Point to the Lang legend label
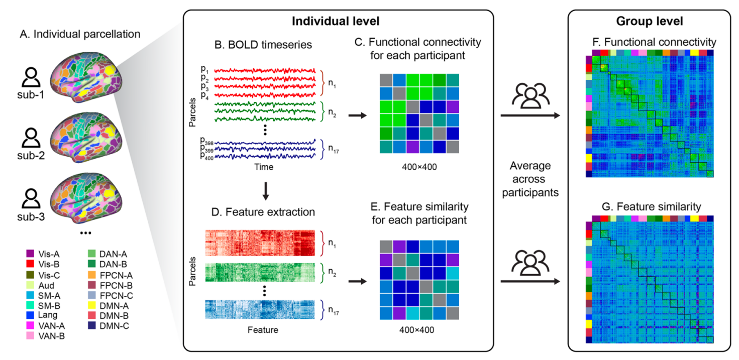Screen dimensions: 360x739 [x=47, y=315]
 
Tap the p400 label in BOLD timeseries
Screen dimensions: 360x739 [x=206, y=157]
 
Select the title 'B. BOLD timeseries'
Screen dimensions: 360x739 [x=263, y=45]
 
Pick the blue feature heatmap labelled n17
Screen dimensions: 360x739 [x=260, y=309]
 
